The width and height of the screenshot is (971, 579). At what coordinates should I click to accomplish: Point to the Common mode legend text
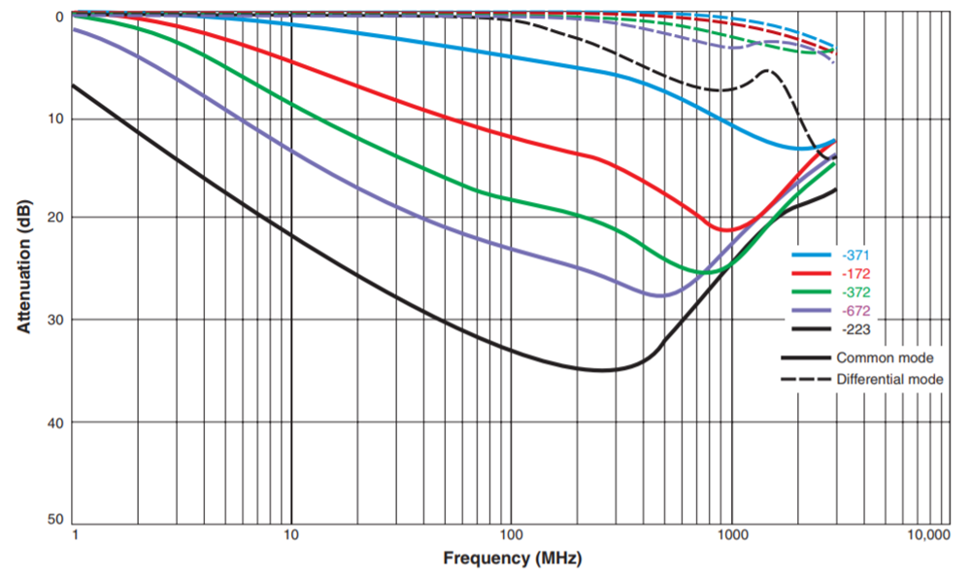click(885, 358)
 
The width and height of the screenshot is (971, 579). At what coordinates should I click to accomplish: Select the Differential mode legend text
click(889, 379)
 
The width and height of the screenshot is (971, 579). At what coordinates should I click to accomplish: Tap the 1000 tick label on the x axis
click(731, 536)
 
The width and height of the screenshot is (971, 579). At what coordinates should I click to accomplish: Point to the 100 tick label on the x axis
click(511, 536)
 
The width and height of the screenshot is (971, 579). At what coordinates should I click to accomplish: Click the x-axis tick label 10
click(290, 536)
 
